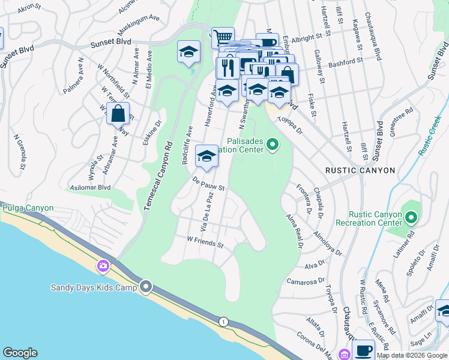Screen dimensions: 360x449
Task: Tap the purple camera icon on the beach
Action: click(x=103, y=265)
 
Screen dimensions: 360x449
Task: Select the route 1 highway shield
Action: click(x=223, y=321)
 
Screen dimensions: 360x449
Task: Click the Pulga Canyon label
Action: click(x=28, y=208)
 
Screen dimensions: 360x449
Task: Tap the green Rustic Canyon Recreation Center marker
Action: click(x=411, y=217)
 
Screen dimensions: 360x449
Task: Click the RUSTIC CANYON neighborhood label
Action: click(x=360, y=170)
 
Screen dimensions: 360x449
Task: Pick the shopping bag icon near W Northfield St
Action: click(x=118, y=113)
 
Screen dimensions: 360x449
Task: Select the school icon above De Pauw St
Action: click(x=206, y=157)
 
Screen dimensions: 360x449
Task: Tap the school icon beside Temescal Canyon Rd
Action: click(x=188, y=52)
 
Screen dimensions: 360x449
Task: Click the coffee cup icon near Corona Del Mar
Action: click(x=364, y=350)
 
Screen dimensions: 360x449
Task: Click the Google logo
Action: click(x=20, y=353)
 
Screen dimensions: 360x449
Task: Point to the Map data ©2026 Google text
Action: click(x=412, y=355)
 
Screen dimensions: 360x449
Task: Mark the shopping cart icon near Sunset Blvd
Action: click(x=222, y=37)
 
